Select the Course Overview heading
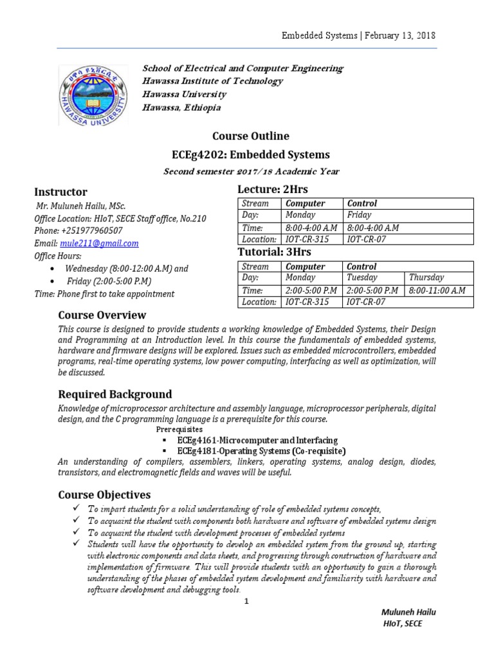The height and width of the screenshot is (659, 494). pyautogui.click(x=102, y=315)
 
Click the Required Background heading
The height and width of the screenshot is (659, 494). pyautogui.click(x=115, y=394)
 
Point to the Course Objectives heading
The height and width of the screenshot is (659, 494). pyautogui.click(x=104, y=494)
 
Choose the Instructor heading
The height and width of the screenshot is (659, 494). pyautogui.click(x=60, y=192)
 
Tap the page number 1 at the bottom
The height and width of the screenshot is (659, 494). pyautogui.click(x=246, y=601)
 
